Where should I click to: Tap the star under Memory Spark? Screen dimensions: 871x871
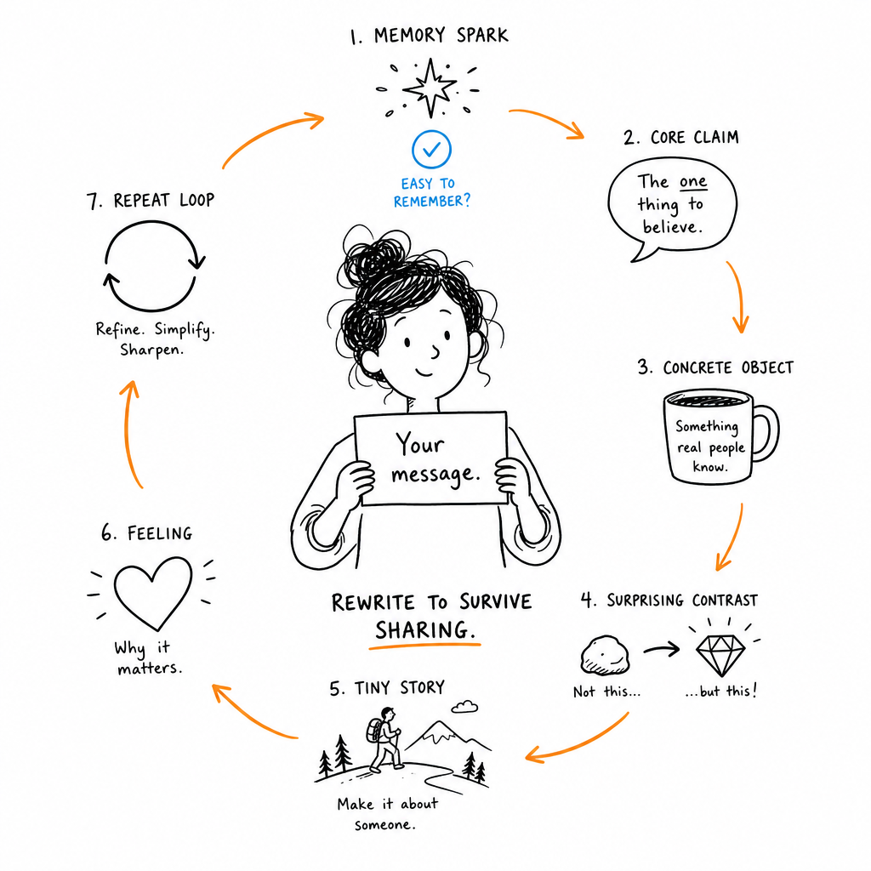[x=430, y=88]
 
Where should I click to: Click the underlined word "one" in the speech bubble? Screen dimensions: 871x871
[x=693, y=182]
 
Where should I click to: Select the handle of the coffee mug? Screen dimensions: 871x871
[x=766, y=433]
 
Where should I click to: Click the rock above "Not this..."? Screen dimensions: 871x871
[x=605, y=656]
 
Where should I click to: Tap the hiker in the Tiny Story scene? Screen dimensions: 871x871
[x=384, y=739]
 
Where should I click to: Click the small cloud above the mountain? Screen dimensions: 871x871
[x=464, y=707]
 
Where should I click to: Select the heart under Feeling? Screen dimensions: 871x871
[x=153, y=593]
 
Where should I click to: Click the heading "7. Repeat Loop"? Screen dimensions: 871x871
[x=151, y=200]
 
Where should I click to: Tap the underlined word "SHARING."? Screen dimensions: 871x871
[x=425, y=630]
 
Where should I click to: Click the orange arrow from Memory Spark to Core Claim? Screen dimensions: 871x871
[x=547, y=119]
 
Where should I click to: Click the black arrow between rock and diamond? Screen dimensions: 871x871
[x=662, y=649]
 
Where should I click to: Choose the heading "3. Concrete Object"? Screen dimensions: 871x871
[x=715, y=367]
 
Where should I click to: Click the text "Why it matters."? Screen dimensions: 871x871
[x=148, y=658]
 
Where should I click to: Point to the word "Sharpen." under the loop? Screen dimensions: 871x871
[x=151, y=350]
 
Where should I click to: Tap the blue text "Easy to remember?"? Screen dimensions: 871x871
[x=432, y=192]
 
